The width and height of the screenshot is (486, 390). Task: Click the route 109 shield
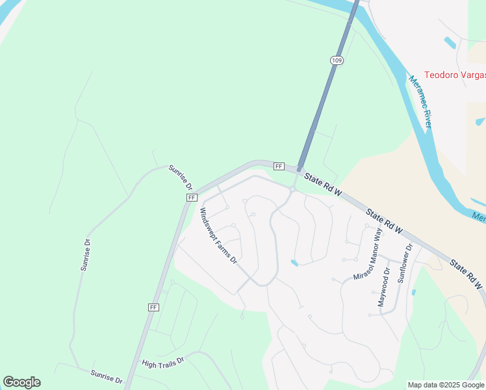[336, 60]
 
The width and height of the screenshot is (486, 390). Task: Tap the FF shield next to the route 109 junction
[279, 166]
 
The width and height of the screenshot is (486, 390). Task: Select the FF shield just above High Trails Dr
[154, 307]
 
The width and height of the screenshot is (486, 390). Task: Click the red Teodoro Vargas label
[454, 75]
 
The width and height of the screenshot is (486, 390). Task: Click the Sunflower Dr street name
[405, 265]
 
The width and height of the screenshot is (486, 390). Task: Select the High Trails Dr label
[163, 359]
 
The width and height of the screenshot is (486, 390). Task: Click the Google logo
[21, 382]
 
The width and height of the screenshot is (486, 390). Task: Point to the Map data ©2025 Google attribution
[446, 385]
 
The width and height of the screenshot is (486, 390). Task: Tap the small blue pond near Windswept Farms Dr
[295, 263]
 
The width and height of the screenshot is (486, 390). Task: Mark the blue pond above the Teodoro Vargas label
[450, 43]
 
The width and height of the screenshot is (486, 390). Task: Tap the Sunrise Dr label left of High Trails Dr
[107, 376]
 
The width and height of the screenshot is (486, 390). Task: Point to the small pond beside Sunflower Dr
[413, 292]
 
